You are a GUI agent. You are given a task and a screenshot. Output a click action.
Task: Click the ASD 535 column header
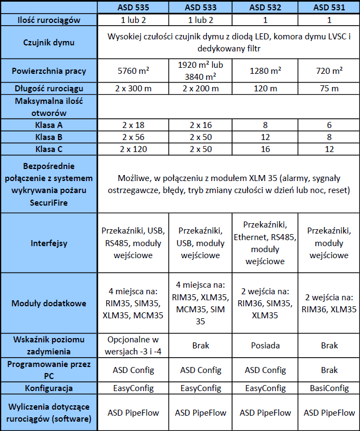[x=133, y=8]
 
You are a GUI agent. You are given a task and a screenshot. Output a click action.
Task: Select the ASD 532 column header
[x=265, y=8]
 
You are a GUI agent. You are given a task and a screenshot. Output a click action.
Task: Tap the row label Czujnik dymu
[x=49, y=43]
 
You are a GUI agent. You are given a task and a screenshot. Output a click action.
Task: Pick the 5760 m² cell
[x=133, y=71]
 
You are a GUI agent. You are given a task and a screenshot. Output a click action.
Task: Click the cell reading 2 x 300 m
[x=133, y=89]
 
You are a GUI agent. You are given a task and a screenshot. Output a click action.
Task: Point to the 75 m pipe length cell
[x=329, y=89]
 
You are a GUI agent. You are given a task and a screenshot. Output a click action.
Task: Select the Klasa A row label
[x=49, y=125]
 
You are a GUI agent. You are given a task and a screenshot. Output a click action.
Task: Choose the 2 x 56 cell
[x=133, y=137]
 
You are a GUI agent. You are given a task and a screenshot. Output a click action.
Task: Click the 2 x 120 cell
[x=133, y=149]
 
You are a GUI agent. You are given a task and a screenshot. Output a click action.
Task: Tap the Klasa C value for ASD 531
[x=329, y=149]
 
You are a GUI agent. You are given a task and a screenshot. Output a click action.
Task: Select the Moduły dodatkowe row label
[x=49, y=303]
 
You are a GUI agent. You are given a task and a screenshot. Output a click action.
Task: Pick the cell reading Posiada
[x=265, y=345]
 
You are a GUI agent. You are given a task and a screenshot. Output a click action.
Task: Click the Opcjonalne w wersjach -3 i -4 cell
[x=133, y=345]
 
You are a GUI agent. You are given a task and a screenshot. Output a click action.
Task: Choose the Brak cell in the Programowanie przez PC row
[x=329, y=370]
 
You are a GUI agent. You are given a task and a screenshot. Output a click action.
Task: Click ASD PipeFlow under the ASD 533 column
[x=200, y=412]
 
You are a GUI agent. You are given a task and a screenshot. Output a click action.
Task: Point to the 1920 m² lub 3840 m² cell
[x=200, y=71]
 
